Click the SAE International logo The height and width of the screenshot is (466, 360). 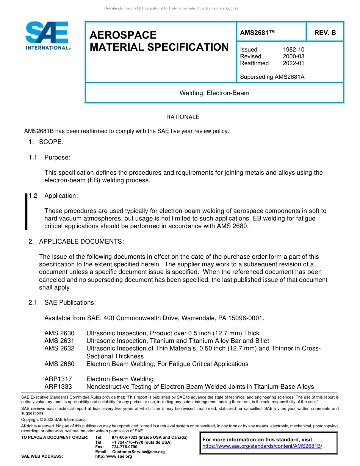pos(48,36)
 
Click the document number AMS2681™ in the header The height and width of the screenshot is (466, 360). pos(257,33)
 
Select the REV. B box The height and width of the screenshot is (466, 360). pos(325,33)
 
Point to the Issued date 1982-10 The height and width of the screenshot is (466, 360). pos(293,50)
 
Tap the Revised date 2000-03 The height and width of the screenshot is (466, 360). pos(293,56)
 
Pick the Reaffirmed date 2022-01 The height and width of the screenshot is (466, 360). pos(293,63)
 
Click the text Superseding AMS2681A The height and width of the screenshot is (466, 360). pos(272,77)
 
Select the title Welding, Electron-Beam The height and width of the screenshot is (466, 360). pos(214,93)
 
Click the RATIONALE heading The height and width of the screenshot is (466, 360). pos(183,117)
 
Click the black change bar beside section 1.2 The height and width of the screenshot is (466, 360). pos(26,211)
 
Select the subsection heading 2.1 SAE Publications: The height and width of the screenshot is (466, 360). pos(63,302)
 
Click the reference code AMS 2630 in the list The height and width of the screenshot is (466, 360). pos(59,333)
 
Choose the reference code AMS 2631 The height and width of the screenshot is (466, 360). pos(59,341)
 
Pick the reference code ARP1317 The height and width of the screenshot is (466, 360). pos(58,379)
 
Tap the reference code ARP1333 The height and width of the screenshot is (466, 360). pos(58,387)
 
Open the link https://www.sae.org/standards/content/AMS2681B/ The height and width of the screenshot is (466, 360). pos(262,446)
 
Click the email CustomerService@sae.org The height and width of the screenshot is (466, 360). pos(138,452)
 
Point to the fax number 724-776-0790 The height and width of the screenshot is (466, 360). pos(124,447)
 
